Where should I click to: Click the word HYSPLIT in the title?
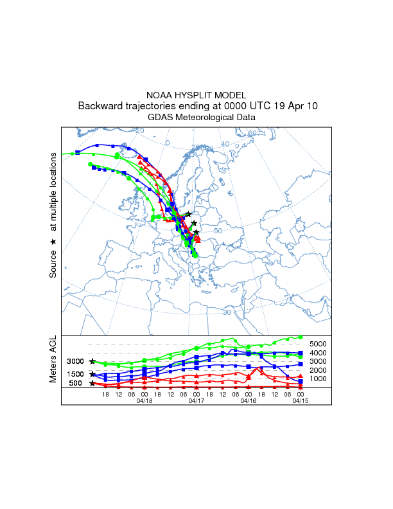click(197, 94)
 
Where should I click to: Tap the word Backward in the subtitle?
click(102, 106)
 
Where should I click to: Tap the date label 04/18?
click(144, 400)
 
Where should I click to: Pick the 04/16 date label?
click(249, 400)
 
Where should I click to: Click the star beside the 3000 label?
click(92, 362)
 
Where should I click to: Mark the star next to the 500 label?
click(92, 383)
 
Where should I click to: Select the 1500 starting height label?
click(76, 374)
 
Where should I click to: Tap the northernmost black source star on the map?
click(188, 214)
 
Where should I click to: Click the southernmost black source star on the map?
click(197, 233)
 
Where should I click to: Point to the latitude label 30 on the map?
click(227, 312)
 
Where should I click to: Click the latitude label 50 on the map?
click(217, 231)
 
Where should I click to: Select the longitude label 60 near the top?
click(252, 134)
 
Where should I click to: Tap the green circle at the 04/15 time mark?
click(301, 336)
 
